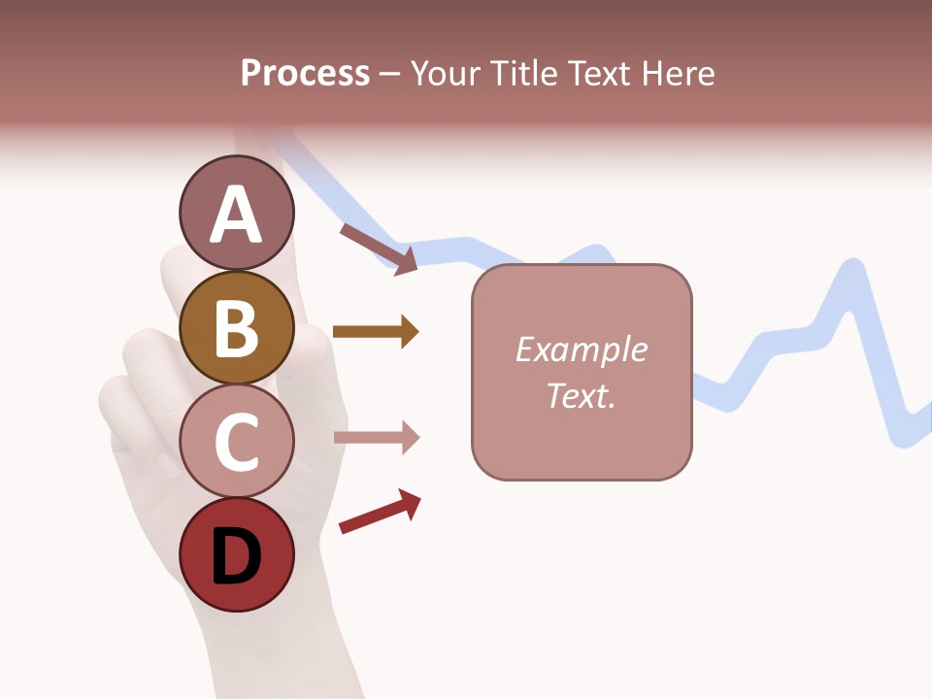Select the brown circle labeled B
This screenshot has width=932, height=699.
[237, 327]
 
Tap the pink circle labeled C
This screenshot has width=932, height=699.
[237, 442]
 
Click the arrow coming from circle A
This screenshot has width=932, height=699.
[379, 249]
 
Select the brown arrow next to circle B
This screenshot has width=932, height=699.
[375, 332]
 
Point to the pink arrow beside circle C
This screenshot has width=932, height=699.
[376, 438]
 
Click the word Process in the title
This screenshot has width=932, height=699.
[305, 74]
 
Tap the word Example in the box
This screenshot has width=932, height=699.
[581, 349]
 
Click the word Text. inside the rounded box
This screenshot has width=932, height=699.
[581, 395]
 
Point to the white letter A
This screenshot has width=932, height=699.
[237, 216]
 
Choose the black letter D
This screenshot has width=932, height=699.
[237, 557]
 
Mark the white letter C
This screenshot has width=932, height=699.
[237, 442]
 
